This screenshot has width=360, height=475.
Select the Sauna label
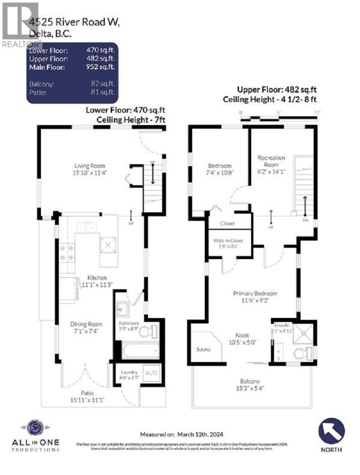pyautogui.click(x=204, y=350)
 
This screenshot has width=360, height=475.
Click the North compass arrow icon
pyautogui.click(x=332, y=431)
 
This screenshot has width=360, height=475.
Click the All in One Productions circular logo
pyautogui.click(x=34, y=429)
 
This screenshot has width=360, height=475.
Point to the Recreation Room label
pyautogui.click(x=271, y=161)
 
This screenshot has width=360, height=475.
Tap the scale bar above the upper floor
pyautogui.click(x=279, y=118)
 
